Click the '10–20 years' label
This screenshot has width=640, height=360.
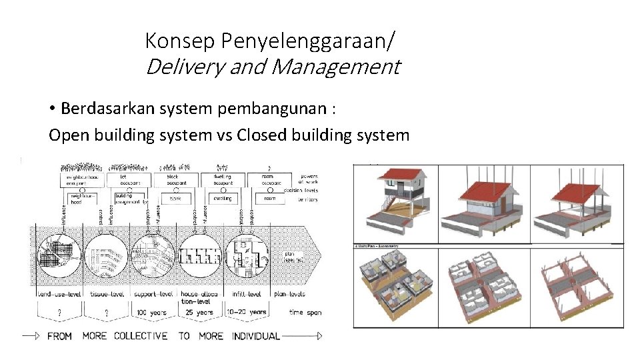pyautogui.click(x=248, y=311)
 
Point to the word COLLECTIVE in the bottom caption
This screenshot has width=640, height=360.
pyautogui.click(x=141, y=336)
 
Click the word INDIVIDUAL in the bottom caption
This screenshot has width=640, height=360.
pyautogui.click(x=256, y=336)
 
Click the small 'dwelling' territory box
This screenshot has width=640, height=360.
pyautogui.click(x=223, y=198)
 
